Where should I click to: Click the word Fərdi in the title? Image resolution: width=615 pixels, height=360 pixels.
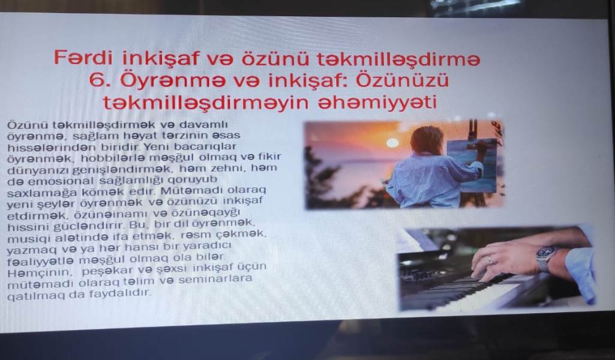click(x=82, y=58)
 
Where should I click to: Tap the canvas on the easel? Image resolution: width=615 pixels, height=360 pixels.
click(x=474, y=166)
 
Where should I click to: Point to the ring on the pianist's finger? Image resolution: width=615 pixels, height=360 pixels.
click(x=490, y=259)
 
